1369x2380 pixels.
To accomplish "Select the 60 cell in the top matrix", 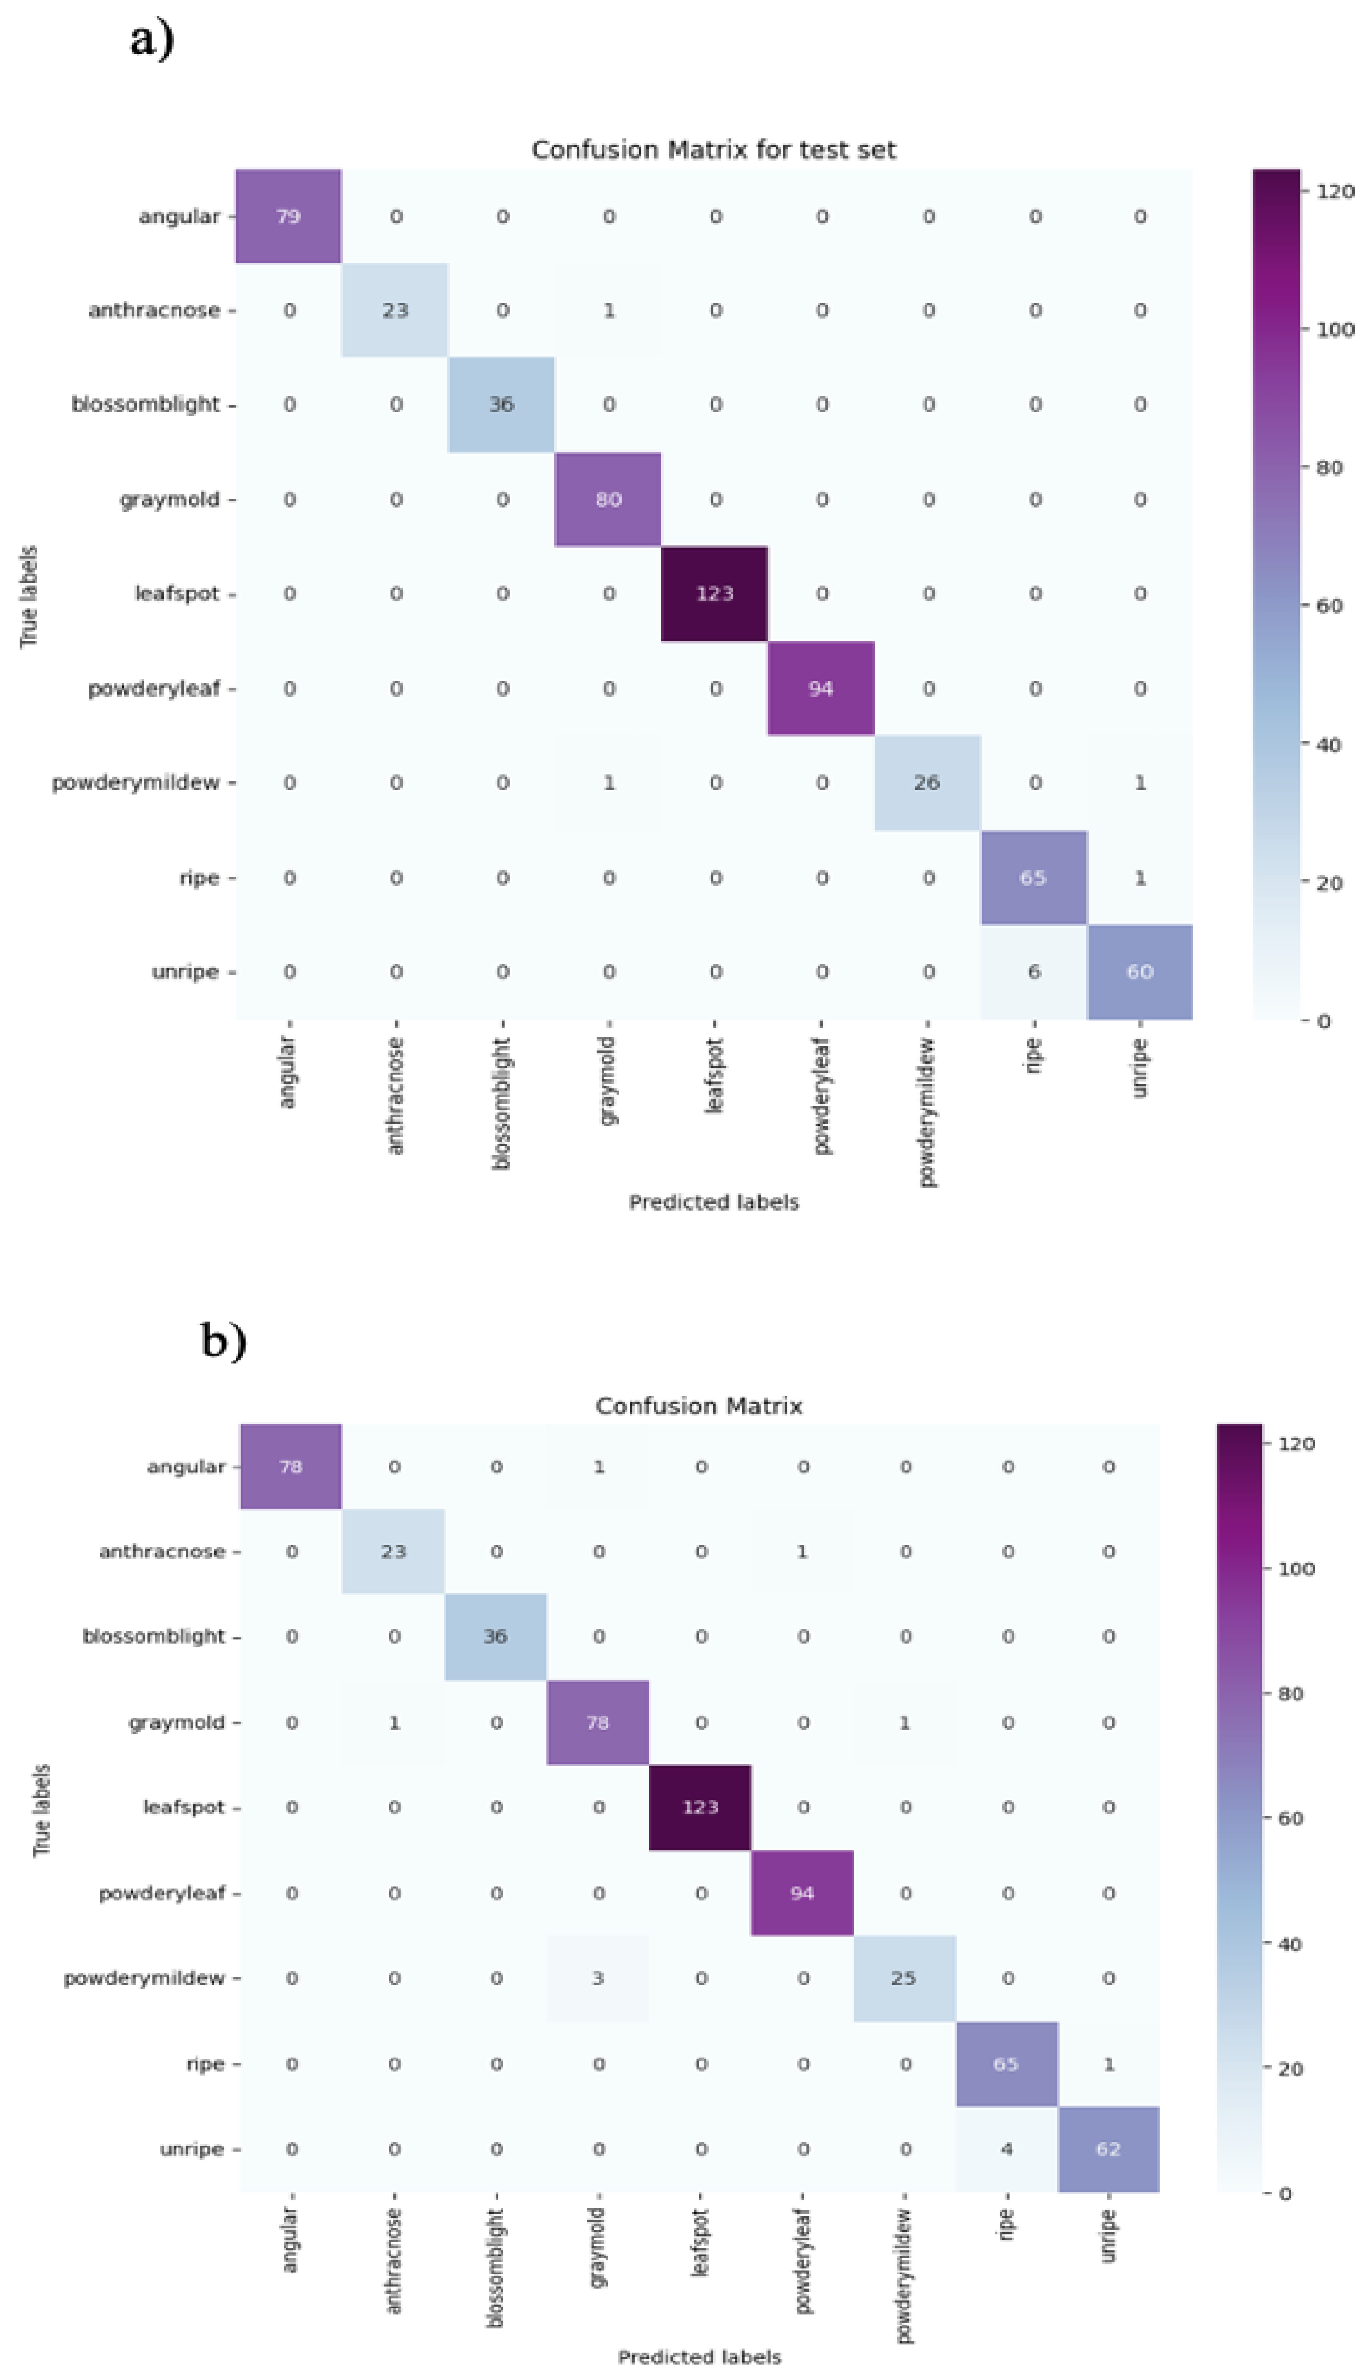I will [1139, 971].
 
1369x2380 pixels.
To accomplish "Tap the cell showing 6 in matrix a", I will [1033, 971].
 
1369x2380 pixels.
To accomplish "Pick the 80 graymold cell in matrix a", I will [608, 500].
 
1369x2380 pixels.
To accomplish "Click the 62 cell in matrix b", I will [1108, 2148].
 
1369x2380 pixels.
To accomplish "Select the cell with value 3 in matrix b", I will [598, 1978].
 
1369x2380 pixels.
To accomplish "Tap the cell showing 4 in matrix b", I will [1006, 2148].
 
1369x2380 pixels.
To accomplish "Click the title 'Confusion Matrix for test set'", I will [713, 149].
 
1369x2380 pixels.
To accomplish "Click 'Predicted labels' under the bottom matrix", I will [699, 2357].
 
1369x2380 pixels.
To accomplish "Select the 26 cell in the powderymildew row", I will [926, 782].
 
